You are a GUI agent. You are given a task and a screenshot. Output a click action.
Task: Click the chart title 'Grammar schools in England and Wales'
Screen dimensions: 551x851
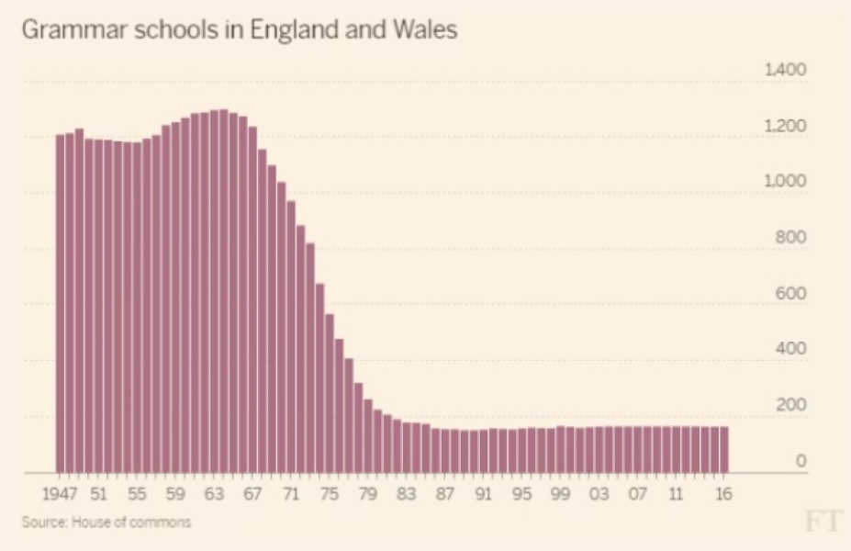pyautogui.click(x=239, y=30)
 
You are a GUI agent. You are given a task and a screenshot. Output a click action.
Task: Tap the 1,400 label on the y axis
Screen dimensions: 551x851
pyautogui.click(x=785, y=71)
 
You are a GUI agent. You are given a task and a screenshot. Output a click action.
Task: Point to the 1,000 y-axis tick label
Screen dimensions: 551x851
pyautogui.click(x=785, y=182)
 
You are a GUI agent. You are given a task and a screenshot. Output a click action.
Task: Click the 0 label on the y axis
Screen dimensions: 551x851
pyautogui.click(x=801, y=461)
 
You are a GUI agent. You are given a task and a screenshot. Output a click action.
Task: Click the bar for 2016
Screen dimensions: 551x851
pyautogui.click(x=723, y=449)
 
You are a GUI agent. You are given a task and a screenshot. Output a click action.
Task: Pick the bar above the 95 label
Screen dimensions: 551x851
pyautogui.click(x=521, y=450)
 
